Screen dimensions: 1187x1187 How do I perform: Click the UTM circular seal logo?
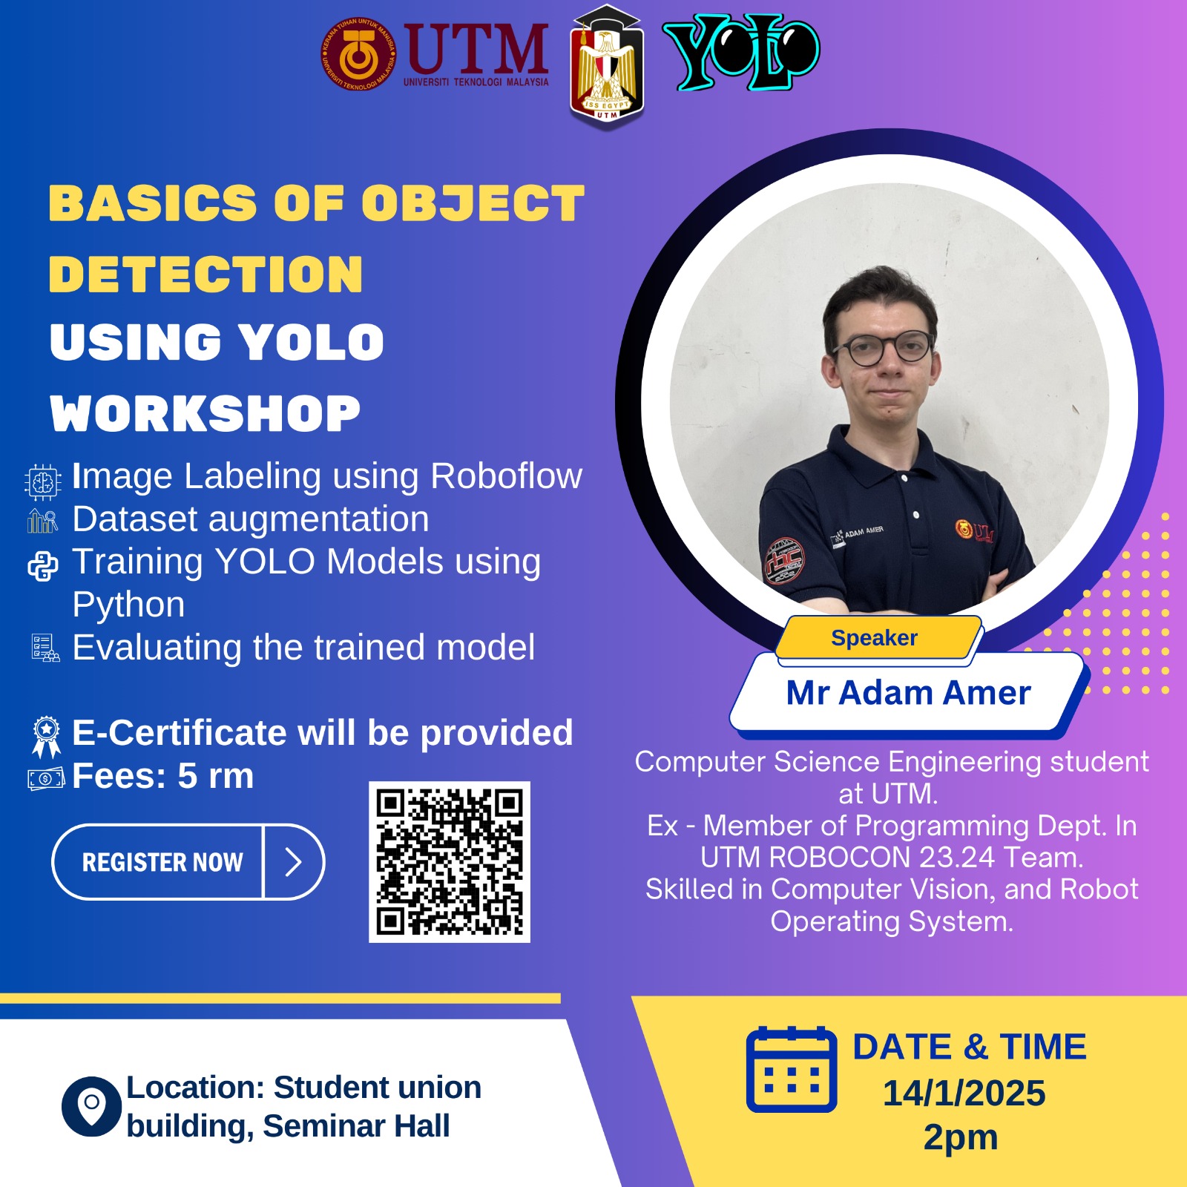point(359,54)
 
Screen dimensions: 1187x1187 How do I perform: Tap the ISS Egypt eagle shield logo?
point(607,67)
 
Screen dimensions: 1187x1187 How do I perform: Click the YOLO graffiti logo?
point(741,52)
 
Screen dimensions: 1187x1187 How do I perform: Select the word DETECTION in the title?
point(205,274)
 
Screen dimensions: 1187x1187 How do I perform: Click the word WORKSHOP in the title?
point(205,413)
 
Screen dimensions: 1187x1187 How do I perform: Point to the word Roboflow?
point(507,476)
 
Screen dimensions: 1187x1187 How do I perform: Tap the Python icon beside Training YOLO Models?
point(43,566)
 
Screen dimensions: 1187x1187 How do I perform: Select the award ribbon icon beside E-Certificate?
point(46,737)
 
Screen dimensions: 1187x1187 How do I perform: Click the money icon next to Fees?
point(46,778)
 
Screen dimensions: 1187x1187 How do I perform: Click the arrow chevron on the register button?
point(293,862)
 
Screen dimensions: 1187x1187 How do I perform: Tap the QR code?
point(450,862)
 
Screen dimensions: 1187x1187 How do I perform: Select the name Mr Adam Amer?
point(908,693)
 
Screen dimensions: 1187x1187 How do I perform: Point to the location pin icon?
point(91,1106)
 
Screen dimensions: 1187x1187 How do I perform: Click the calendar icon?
point(792,1069)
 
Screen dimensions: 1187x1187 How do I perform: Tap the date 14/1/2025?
point(964,1093)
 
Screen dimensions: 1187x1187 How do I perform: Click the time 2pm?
point(961,1138)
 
